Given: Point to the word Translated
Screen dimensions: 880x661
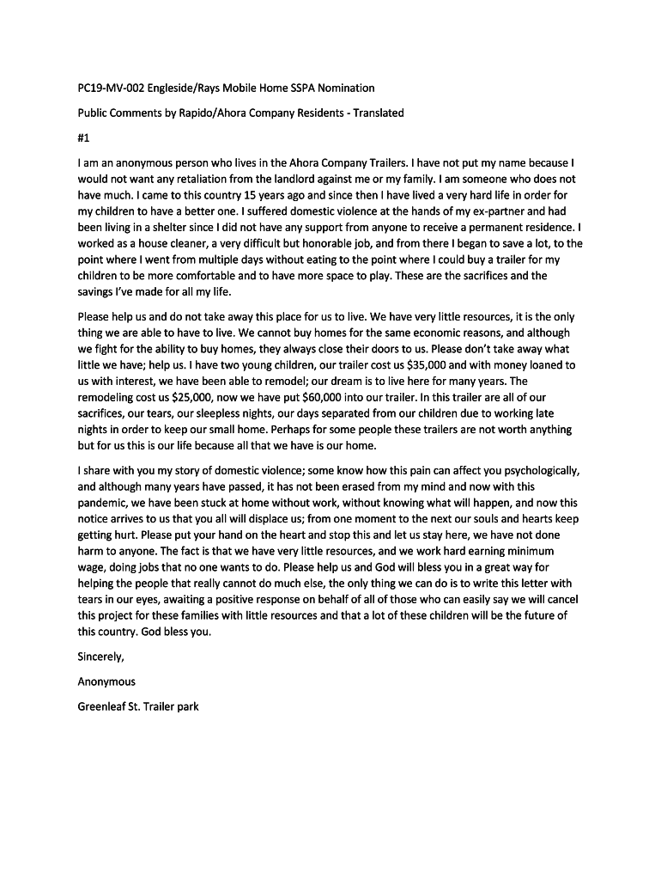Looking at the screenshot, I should pos(374,113).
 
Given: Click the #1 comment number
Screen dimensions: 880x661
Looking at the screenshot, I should pos(84,137).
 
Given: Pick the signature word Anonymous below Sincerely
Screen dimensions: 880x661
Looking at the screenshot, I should pos(106,682).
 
